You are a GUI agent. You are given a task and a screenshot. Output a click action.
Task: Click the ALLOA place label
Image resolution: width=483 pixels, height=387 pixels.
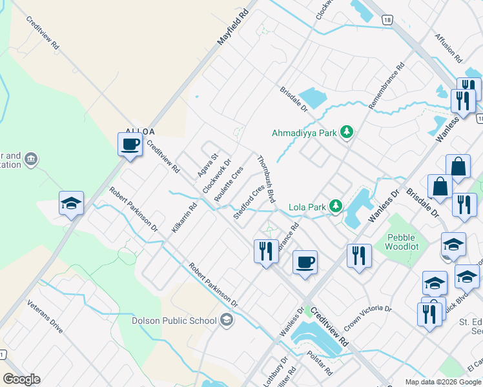tap(141, 131)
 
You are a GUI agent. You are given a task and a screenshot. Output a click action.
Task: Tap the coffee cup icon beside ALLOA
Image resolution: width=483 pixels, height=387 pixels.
tap(130, 144)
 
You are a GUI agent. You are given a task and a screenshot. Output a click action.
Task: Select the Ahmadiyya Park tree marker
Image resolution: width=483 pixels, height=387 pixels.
tap(347, 132)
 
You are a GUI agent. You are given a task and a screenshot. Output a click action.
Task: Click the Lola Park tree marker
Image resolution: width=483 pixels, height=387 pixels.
tap(335, 206)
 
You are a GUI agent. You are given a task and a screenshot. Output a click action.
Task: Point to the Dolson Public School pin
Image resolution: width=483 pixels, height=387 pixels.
tap(226, 320)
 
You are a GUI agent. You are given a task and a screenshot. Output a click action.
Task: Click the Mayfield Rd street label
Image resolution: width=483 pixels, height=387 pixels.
tap(232, 26)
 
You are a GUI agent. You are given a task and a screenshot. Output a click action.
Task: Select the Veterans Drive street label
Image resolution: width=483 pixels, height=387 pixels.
tap(45, 316)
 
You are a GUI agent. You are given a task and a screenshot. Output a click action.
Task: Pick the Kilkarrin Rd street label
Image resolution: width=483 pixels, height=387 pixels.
tap(184, 218)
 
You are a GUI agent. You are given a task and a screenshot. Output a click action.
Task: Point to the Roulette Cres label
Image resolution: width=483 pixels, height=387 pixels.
tap(228, 184)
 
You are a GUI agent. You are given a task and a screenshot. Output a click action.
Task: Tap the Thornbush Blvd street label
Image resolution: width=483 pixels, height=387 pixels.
tap(266, 179)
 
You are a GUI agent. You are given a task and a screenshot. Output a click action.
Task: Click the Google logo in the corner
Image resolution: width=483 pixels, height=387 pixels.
tap(21, 379)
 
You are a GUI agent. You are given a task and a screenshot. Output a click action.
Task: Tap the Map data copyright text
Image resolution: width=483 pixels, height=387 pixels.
tap(442, 382)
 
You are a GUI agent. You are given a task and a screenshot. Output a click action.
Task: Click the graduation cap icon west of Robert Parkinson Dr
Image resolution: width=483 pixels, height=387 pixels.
tap(71, 204)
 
